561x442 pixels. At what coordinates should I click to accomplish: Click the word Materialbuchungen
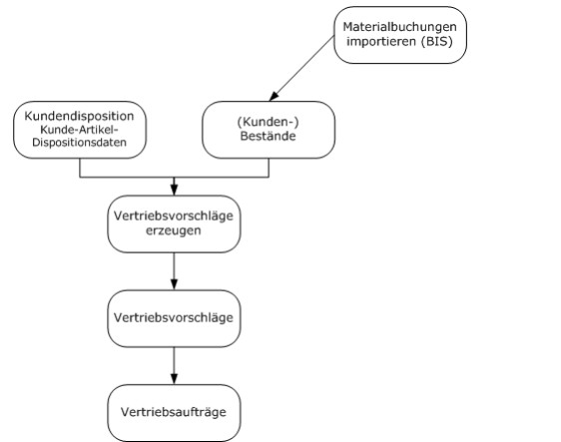pos(399,27)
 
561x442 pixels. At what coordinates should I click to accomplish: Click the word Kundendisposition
pos(80,116)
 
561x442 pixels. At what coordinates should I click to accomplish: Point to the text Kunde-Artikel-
pos(79,129)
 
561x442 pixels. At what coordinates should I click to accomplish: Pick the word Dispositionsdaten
pos(80,143)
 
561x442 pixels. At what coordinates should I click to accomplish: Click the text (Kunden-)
pos(268,122)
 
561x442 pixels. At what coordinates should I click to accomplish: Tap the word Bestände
pos(268,136)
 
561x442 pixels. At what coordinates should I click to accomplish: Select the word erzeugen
pos(174,230)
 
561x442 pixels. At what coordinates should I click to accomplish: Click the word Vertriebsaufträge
pos(174,412)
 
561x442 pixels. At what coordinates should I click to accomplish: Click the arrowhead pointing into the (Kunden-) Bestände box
pos(274,96)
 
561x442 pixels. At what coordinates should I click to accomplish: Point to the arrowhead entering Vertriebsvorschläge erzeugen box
pos(174,190)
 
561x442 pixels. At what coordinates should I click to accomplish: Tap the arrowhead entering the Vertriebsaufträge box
pos(174,379)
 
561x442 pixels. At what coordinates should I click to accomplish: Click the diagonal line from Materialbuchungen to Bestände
pos(301,68)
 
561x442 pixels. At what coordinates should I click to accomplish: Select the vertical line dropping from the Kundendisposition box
pos(80,168)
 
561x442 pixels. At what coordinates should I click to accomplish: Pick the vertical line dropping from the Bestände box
pos(269,168)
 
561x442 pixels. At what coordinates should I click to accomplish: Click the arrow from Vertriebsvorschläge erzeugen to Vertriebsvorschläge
pos(174,271)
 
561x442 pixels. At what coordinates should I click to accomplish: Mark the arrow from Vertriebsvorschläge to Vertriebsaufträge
pos(174,365)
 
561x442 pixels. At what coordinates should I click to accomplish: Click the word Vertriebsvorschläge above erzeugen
pos(174,216)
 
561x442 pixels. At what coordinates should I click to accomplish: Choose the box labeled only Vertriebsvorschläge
pos(174,318)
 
